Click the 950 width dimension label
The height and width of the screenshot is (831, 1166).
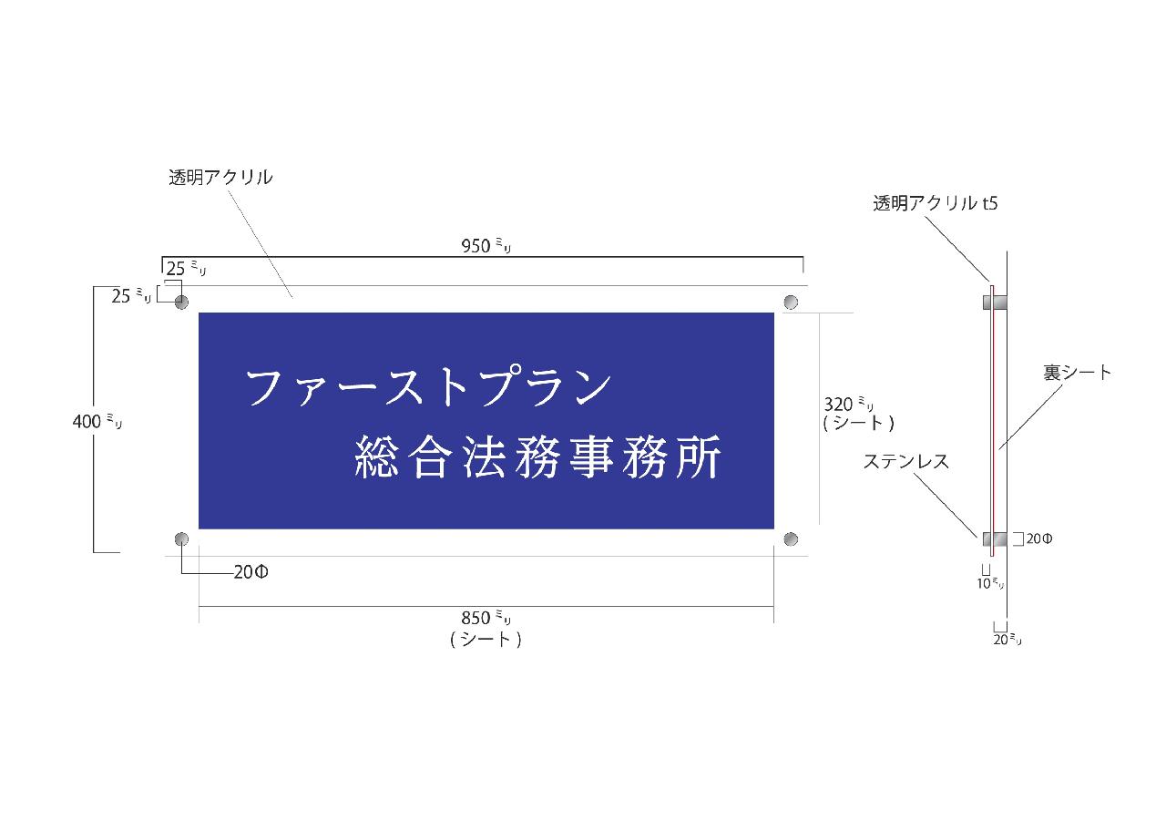[486, 245]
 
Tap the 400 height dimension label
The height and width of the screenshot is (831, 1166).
[97, 421]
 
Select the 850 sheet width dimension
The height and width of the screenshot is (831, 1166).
[486, 628]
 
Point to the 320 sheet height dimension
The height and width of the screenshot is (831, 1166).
[858, 413]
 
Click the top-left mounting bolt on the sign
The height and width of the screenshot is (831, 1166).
[181, 302]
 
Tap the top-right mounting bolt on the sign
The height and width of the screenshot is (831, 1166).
[791, 302]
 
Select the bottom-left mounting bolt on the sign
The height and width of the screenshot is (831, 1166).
[181, 539]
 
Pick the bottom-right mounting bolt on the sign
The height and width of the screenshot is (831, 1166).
[791, 539]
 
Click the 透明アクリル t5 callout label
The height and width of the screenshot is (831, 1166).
[935, 202]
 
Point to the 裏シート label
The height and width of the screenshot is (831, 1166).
[1077, 373]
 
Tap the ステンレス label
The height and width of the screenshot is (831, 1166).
[906, 461]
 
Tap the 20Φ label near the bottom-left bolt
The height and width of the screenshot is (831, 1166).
[251, 572]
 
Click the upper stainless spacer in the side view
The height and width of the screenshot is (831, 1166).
[994, 302]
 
